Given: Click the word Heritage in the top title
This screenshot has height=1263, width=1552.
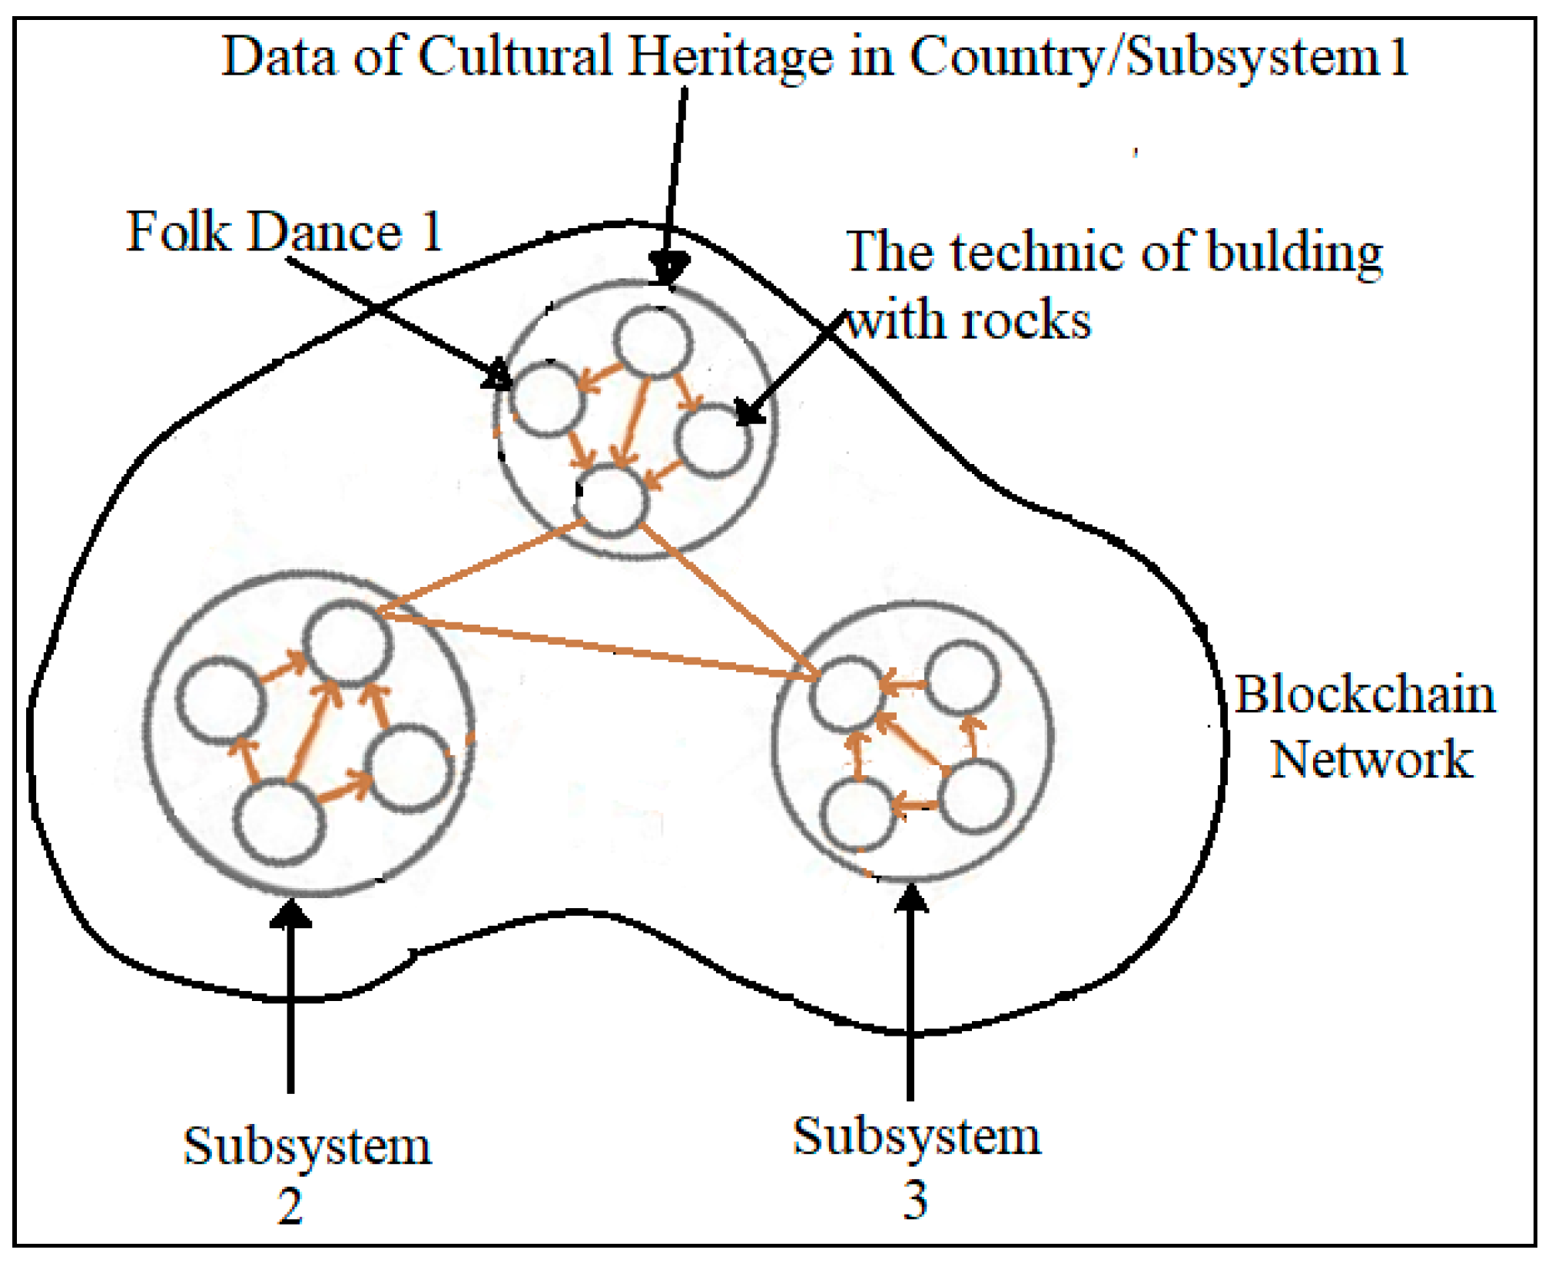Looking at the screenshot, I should pos(729,58).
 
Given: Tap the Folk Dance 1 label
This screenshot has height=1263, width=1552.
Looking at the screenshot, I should pos(284,231).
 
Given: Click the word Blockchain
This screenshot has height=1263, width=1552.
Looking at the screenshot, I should pos(1365,695).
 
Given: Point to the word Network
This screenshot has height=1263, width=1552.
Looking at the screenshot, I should pos(1371,760).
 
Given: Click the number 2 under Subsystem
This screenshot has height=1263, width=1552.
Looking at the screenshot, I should pos(290,1206).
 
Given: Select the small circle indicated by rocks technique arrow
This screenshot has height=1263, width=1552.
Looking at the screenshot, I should pos(714,442).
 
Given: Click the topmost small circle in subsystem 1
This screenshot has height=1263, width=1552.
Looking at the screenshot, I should pos(652,343).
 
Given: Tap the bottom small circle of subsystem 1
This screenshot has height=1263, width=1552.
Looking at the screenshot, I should pos(612,500).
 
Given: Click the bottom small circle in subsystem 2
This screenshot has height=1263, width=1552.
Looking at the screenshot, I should pos(279,823).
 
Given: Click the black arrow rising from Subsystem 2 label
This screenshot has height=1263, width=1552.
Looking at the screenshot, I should pos(290,999).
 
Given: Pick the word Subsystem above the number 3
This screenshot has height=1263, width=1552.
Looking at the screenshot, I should pos(917,1137).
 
